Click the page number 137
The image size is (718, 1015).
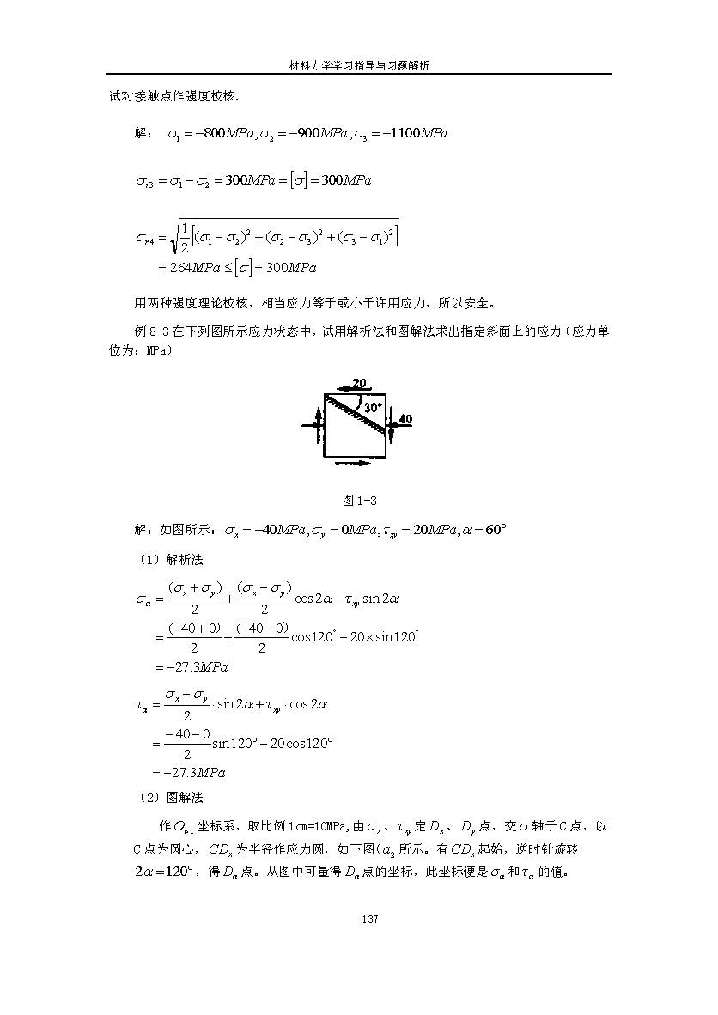click(x=358, y=920)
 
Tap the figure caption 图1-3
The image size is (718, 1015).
click(x=359, y=501)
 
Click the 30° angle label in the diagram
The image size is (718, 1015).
click(x=372, y=408)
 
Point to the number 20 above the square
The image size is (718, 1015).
click(x=359, y=382)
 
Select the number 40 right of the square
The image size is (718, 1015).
click(x=405, y=419)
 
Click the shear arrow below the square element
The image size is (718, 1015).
click(x=350, y=463)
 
